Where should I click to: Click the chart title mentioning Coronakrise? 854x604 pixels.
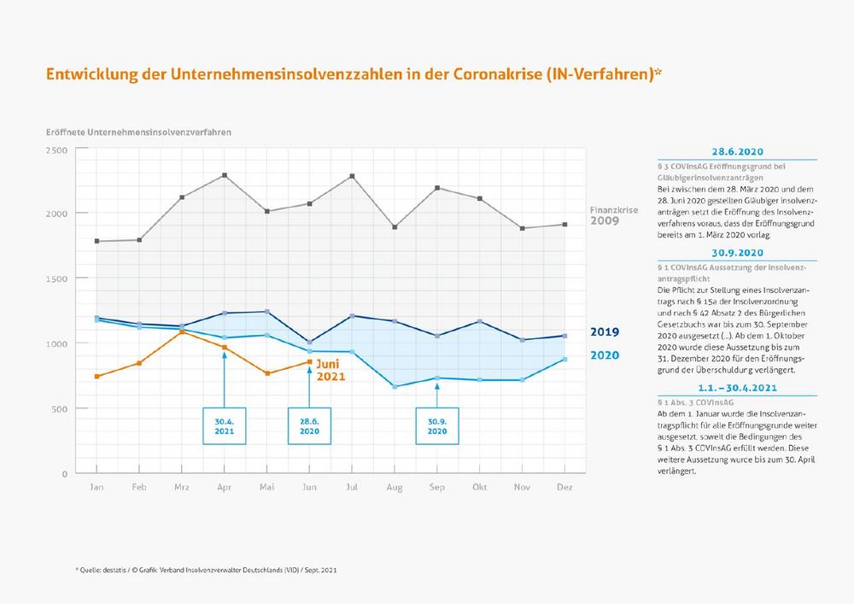pyautogui.click(x=354, y=74)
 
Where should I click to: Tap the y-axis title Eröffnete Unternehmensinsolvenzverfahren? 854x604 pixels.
pyautogui.click(x=139, y=132)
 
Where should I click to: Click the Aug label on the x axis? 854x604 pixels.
pyautogui.click(x=394, y=486)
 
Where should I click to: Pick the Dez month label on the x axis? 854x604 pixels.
pyautogui.click(x=564, y=486)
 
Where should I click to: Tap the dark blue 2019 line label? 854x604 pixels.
pyautogui.click(x=604, y=331)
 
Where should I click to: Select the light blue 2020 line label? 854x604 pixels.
pyautogui.click(x=604, y=355)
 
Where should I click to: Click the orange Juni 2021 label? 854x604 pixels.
pyautogui.click(x=331, y=369)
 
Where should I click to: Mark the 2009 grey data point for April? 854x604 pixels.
pyautogui.click(x=225, y=175)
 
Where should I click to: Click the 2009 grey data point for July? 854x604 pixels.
pyautogui.click(x=352, y=176)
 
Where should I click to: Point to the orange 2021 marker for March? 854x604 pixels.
pyautogui.click(x=182, y=331)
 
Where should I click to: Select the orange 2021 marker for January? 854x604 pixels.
pyautogui.click(x=97, y=376)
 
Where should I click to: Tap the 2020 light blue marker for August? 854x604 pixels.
pyautogui.click(x=394, y=386)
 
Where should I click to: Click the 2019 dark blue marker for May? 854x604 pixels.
pyautogui.click(x=267, y=311)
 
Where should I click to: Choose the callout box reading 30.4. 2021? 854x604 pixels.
pyautogui.click(x=224, y=425)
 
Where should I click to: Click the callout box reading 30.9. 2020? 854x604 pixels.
pyautogui.click(x=436, y=425)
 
